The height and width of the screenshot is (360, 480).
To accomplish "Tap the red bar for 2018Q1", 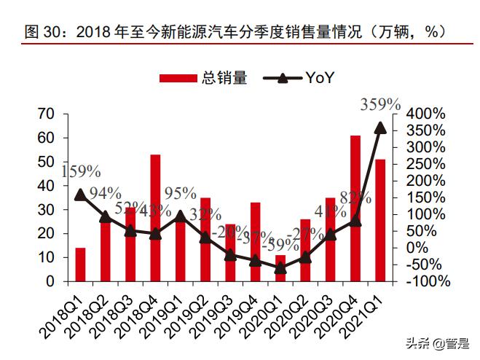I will click(x=80, y=264).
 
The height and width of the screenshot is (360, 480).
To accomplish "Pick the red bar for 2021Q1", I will click(x=379, y=219).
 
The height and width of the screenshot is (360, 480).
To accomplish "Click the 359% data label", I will click(x=380, y=104).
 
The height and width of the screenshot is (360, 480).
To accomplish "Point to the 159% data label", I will click(x=80, y=171).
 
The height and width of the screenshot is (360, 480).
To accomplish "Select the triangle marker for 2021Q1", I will click(x=379, y=128).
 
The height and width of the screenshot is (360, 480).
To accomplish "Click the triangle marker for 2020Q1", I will click(x=280, y=267).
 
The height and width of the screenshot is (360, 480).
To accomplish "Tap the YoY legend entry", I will click(x=299, y=78).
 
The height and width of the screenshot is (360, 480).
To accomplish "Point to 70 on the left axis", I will click(x=47, y=114).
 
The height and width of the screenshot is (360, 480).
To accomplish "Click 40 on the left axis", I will click(x=47, y=186).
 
